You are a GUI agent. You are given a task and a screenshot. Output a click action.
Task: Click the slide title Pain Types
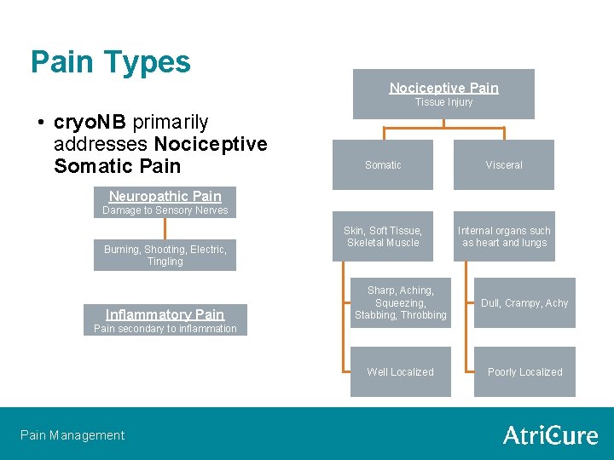pyautogui.click(x=111, y=62)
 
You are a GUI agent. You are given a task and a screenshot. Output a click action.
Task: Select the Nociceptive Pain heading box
pyautogui.click(x=443, y=88)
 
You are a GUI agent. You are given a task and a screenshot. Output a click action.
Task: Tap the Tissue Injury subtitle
pyautogui.click(x=443, y=102)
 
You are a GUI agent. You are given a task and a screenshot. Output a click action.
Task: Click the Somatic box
pyautogui.click(x=383, y=164)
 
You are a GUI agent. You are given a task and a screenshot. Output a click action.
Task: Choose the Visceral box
pyautogui.click(x=504, y=164)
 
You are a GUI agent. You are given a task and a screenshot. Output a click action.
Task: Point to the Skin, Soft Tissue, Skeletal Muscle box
pyautogui.click(x=383, y=236)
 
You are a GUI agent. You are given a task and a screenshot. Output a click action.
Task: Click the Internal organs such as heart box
pyautogui.click(x=504, y=236)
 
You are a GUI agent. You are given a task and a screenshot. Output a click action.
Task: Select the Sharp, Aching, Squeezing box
pyautogui.click(x=400, y=303)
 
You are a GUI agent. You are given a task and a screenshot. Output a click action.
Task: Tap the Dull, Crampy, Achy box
pyautogui.click(x=524, y=303)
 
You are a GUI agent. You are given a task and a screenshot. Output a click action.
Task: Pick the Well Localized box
pyautogui.click(x=400, y=372)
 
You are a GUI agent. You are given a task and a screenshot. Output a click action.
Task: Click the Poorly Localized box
pyautogui.click(x=524, y=372)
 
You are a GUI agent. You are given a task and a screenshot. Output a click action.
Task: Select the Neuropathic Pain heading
pyautogui.click(x=165, y=196)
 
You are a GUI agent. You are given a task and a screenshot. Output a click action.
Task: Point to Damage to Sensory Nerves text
pyautogui.click(x=165, y=210)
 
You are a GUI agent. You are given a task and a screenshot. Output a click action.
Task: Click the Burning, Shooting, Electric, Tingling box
pyautogui.click(x=165, y=255)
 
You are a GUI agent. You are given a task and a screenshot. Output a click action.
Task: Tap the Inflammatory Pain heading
pyautogui.click(x=165, y=314)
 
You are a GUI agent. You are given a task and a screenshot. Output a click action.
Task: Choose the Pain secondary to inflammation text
pyautogui.click(x=165, y=329)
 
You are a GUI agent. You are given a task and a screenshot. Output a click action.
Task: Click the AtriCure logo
pyautogui.click(x=550, y=435)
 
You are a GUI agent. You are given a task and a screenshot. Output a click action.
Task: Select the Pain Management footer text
pyautogui.click(x=72, y=435)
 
